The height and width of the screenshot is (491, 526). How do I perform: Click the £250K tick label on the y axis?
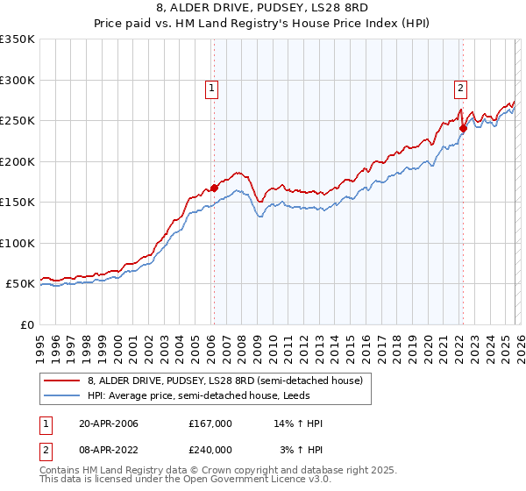click(18, 121)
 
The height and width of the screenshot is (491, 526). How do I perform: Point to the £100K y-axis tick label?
click(18, 243)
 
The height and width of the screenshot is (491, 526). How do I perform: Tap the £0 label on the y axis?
click(27, 324)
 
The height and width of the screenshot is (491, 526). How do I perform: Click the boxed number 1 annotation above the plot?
click(213, 87)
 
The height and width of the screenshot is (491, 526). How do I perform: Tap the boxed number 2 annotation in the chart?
click(460, 87)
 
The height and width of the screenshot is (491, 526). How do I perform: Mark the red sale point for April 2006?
click(213, 188)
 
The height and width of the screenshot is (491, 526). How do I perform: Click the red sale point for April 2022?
click(462, 128)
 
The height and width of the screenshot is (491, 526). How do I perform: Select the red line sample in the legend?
click(62, 380)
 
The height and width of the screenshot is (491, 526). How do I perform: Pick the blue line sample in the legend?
click(62, 395)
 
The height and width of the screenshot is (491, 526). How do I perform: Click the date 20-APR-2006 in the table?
click(109, 423)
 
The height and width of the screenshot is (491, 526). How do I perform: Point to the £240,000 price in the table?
click(210, 449)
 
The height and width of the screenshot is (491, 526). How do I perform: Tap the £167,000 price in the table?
click(210, 423)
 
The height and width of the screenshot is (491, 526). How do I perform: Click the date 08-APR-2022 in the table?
click(109, 449)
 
